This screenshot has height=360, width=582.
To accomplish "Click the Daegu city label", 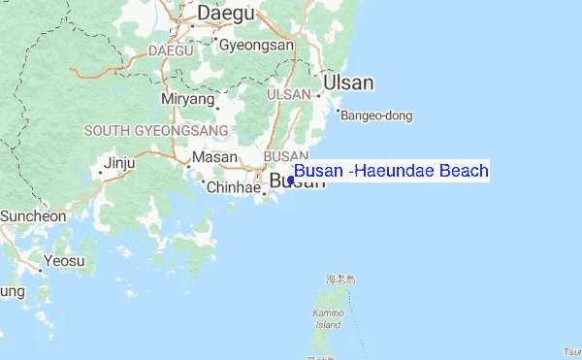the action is pyautogui.click(x=225, y=14).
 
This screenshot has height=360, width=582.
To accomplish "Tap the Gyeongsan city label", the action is pyautogui.click(x=256, y=45).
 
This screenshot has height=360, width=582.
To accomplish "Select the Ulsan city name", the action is pyautogui.click(x=348, y=82).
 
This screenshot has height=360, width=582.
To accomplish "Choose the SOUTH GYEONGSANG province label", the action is pyautogui.click(x=156, y=130).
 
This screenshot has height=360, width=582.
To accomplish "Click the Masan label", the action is pyautogui.click(x=214, y=157).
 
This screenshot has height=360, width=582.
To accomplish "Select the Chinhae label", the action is pyautogui.click(x=234, y=187).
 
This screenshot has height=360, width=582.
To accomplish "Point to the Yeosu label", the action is pyautogui.click(x=65, y=260).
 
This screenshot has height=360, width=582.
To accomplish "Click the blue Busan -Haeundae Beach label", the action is pyautogui.click(x=391, y=172).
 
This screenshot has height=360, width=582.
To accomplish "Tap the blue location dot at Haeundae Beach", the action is pyautogui.click(x=291, y=180).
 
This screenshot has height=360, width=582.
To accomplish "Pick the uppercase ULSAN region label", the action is pyautogui.click(x=287, y=94).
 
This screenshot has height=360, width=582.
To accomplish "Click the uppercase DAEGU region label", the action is pyautogui.click(x=171, y=49).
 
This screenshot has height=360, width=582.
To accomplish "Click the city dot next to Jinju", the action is pyautogui.click(x=101, y=173).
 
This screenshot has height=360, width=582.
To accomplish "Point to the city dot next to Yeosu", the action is pyautogui.click(x=40, y=271).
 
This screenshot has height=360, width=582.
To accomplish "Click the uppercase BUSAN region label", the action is pyautogui.click(x=285, y=156).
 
